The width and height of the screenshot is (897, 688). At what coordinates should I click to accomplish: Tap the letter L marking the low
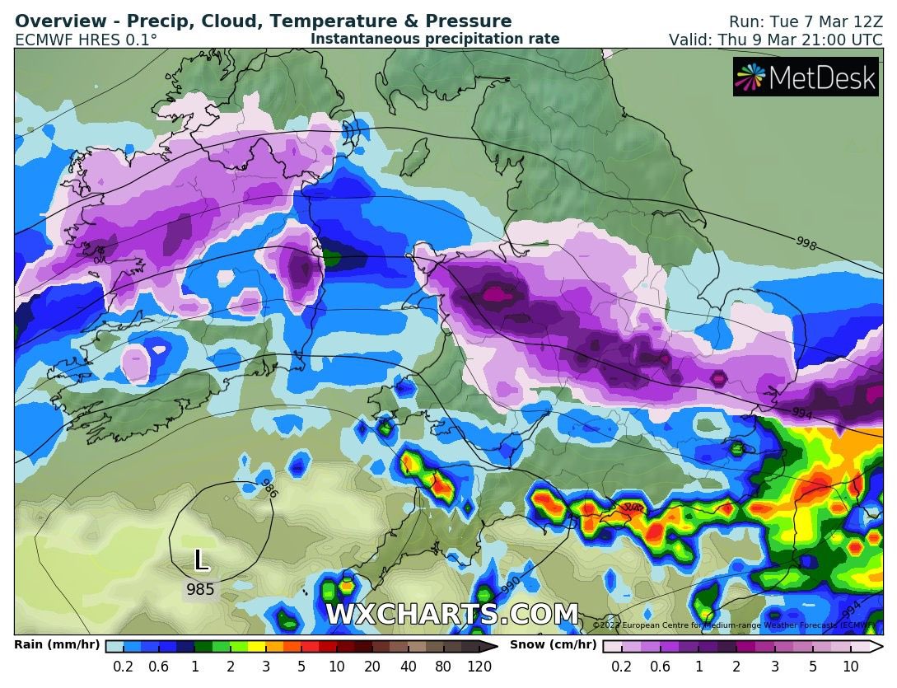click(200, 561)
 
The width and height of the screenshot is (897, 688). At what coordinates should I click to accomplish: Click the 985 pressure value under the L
click(200, 590)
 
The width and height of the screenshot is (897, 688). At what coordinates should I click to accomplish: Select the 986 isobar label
click(268, 488)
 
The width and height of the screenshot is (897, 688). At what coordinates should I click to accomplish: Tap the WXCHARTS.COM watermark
click(451, 615)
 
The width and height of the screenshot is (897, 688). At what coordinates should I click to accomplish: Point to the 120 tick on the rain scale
click(479, 667)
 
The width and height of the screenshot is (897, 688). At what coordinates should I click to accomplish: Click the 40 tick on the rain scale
click(409, 667)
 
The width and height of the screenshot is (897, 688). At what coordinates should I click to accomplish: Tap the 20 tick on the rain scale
click(372, 667)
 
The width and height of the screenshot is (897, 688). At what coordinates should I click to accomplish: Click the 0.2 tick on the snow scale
click(622, 667)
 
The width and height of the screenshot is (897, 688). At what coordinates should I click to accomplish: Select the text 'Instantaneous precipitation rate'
click(435, 39)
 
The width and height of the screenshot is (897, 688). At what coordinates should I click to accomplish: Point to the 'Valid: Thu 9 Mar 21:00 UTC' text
click(775, 40)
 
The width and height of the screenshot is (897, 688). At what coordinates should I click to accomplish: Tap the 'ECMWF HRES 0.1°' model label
click(86, 40)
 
